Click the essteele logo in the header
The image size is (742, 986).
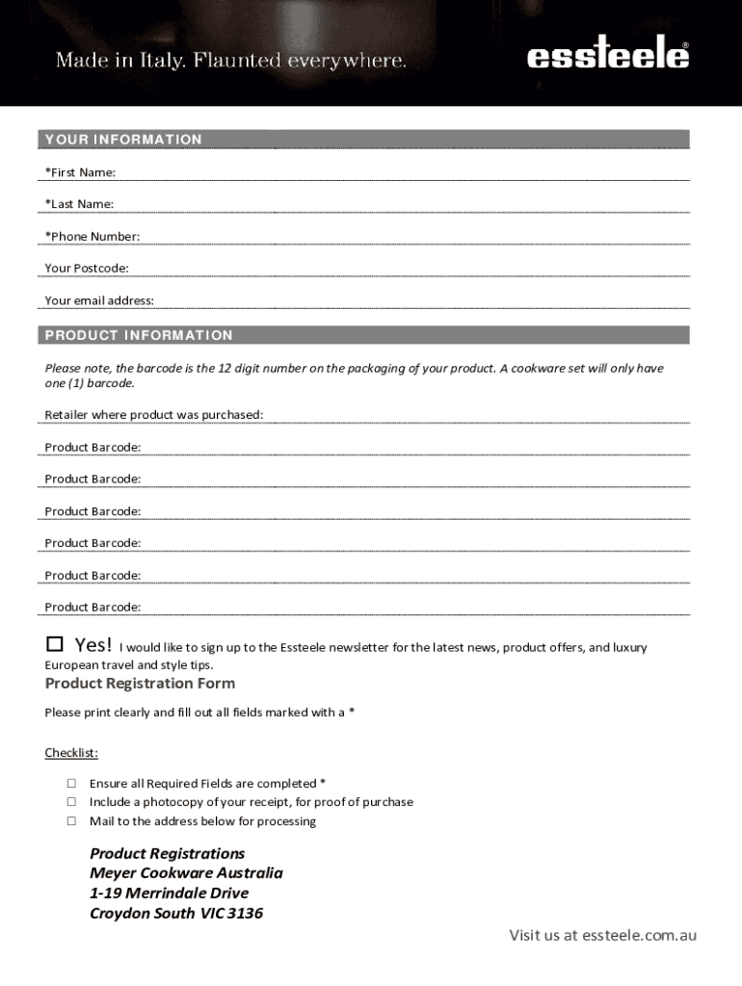coord(608,57)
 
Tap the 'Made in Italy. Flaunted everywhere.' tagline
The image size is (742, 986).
coord(231,61)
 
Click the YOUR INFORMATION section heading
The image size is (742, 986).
coord(123,140)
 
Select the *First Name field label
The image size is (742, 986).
coord(80,172)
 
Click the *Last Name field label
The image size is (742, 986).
coord(79,204)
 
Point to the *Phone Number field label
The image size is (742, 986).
coord(92,237)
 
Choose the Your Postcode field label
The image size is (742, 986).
coord(87,269)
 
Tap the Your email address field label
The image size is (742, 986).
coord(99,300)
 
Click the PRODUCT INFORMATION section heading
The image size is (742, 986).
coord(139,335)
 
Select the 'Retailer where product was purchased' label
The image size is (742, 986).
coord(154,415)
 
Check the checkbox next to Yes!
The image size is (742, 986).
coord(55,643)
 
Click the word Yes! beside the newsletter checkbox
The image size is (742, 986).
coord(93,644)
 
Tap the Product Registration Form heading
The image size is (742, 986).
coord(140,684)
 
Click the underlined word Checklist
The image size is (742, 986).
coord(71,752)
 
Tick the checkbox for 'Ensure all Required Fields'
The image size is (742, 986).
coord(71,783)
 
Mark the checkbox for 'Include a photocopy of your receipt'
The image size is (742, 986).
coord(71,802)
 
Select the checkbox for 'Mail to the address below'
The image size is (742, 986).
coord(71,821)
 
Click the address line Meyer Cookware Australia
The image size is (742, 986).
coord(186,873)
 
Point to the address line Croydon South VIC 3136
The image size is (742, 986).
coord(176,913)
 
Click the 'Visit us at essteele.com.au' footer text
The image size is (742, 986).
coord(602,935)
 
